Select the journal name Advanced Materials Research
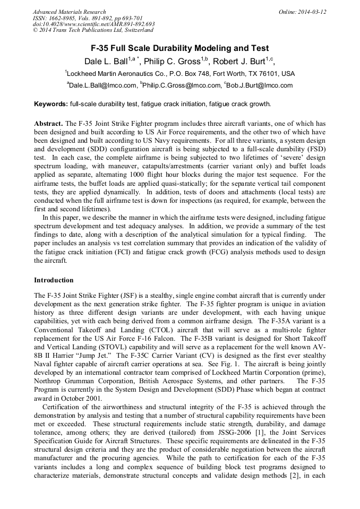point(69,12)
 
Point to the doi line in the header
point(93,24)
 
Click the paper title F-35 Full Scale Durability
point(179,48)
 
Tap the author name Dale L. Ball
point(106,61)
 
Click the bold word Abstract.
point(48,124)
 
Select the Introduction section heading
point(54,280)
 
